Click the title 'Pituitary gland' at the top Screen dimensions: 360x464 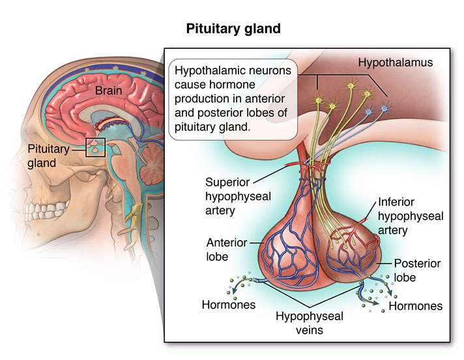(233, 29)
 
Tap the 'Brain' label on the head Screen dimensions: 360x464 (109, 90)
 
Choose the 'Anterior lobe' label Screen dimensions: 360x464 (226, 249)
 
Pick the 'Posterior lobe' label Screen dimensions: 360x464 (417, 271)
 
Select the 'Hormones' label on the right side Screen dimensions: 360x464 (415, 305)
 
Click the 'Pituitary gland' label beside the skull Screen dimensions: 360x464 (48, 155)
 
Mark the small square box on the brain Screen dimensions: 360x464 (96, 148)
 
